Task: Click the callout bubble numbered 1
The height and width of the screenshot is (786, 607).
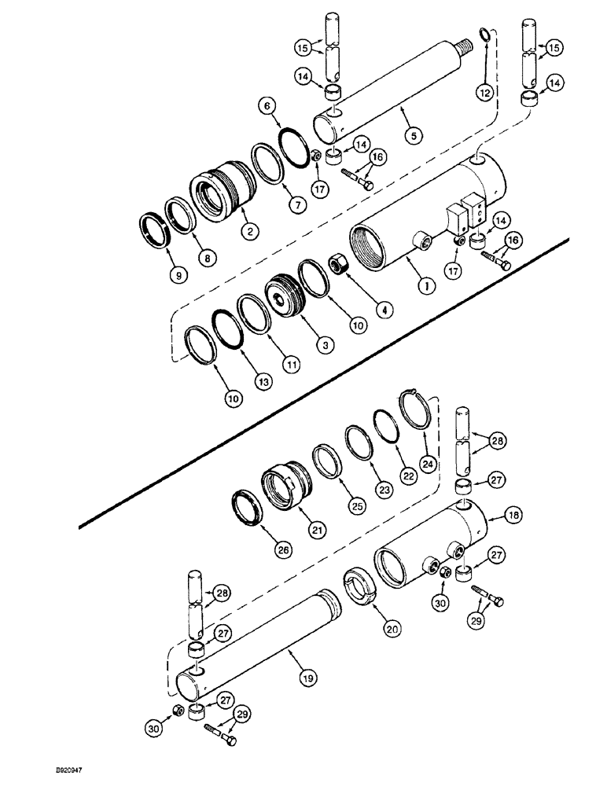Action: pyautogui.click(x=425, y=288)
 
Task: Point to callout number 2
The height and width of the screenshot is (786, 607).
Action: pyautogui.click(x=249, y=232)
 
